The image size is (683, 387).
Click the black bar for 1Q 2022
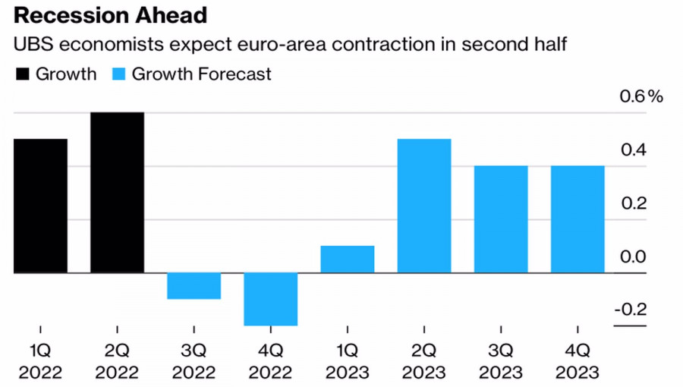[40, 206]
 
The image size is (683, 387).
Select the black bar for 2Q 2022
[117, 193]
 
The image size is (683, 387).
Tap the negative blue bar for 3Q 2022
[194, 286]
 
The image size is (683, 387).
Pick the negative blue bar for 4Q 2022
[270, 299]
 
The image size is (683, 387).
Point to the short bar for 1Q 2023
[348, 260]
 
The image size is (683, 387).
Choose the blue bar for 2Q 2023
[424, 206]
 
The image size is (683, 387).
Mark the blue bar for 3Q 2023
[501, 219]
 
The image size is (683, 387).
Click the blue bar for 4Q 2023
[578, 219]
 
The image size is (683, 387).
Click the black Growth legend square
[22, 74]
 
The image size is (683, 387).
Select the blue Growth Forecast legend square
[119, 74]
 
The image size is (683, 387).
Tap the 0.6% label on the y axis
[642, 97]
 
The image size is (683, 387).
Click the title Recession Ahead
[105, 16]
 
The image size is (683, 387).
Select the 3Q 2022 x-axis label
[194, 362]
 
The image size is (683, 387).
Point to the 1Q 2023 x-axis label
[348, 362]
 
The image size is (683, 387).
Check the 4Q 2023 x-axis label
[578, 362]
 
